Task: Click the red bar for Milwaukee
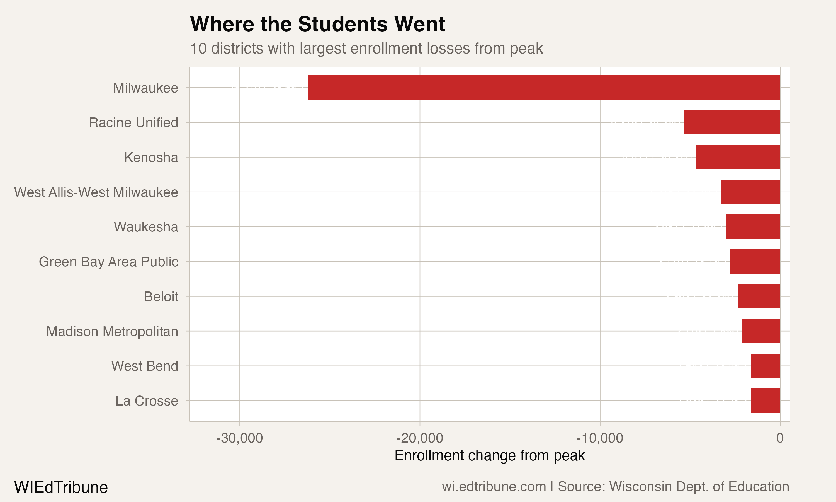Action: pyautogui.click(x=544, y=88)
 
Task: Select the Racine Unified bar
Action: pyautogui.click(x=732, y=122)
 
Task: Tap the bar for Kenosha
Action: pyautogui.click(x=738, y=157)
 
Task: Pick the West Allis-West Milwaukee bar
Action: pyautogui.click(x=750, y=192)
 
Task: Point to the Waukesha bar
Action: pyautogui.click(x=753, y=227)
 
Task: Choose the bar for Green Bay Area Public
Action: pyautogui.click(x=755, y=262)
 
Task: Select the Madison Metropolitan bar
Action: pyautogui.click(x=761, y=331)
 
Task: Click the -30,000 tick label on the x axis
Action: pyautogui.click(x=239, y=438)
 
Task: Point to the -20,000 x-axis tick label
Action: pyautogui.click(x=419, y=438)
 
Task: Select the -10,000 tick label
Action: pyautogui.click(x=600, y=438)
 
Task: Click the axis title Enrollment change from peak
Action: pyautogui.click(x=489, y=456)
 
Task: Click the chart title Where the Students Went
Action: pyautogui.click(x=317, y=24)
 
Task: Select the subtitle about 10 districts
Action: pyautogui.click(x=366, y=48)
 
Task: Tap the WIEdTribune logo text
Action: pyautogui.click(x=61, y=487)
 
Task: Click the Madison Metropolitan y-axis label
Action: pyautogui.click(x=112, y=332)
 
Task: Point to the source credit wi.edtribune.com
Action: pyautogui.click(x=615, y=486)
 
